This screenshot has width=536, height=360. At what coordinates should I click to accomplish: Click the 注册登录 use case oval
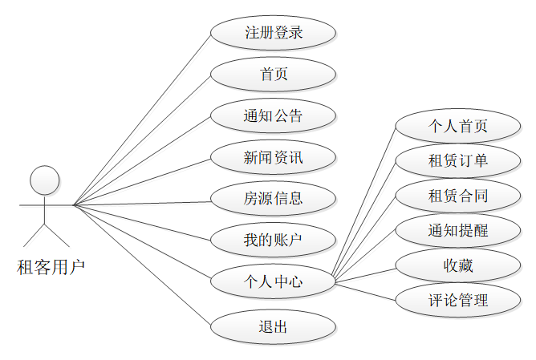click(x=273, y=34)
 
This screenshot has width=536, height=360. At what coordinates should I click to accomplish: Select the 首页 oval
click(x=273, y=75)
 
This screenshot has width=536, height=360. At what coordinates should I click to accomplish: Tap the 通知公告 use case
click(x=273, y=115)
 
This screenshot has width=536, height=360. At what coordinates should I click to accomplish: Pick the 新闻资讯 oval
click(x=273, y=157)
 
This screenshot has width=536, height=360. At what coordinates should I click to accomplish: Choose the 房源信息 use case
click(x=273, y=198)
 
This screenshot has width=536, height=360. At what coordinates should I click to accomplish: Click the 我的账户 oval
click(x=273, y=240)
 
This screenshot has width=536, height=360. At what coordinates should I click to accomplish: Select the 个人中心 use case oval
click(x=273, y=281)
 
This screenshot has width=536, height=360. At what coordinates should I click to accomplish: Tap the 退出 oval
click(x=273, y=326)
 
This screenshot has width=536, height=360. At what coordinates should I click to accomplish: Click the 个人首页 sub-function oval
click(x=458, y=127)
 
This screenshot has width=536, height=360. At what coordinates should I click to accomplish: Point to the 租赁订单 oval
click(x=458, y=161)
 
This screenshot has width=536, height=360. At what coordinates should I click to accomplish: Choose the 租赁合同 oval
click(x=458, y=196)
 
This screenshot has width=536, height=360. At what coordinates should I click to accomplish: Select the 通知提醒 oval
click(x=458, y=231)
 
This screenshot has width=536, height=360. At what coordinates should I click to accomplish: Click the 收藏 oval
click(x=458, y=265)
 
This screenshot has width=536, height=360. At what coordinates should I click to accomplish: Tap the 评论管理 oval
click(x=458, y=301)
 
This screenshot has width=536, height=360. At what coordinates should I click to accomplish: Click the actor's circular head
click(x=45, y=180)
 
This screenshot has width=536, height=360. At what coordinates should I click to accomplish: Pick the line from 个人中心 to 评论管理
click(x=365, y=291)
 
